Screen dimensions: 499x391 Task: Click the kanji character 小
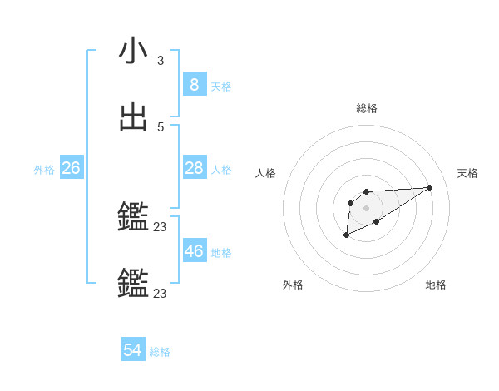[133, 52]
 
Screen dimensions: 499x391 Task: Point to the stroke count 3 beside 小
[161, 61]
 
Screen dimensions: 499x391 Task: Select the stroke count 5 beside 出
[161, 127]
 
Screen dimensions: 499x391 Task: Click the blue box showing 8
[195, 85]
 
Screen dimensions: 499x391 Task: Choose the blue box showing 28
[195, 168]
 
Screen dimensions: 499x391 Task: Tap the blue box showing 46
[195, 251]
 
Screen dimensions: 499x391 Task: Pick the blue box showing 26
[71, 168]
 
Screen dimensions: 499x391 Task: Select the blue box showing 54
[133, 351]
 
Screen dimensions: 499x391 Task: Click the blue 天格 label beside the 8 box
[221, 87]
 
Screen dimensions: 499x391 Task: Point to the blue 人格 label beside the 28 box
[221, 170]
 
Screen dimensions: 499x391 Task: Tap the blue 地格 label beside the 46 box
[221, 253]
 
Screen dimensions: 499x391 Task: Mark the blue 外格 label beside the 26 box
[44, 170]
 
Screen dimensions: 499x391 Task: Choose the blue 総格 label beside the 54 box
[160, 353]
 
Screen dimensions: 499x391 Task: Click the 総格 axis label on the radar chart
[367, 108]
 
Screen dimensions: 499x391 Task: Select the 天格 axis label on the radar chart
[467, 173]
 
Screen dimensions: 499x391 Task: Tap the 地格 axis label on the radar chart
[436, 285]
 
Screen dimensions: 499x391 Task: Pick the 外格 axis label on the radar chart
[293, 285]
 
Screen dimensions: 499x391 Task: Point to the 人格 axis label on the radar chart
[265, 173]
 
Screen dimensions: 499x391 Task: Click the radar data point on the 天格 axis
[429, 186]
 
